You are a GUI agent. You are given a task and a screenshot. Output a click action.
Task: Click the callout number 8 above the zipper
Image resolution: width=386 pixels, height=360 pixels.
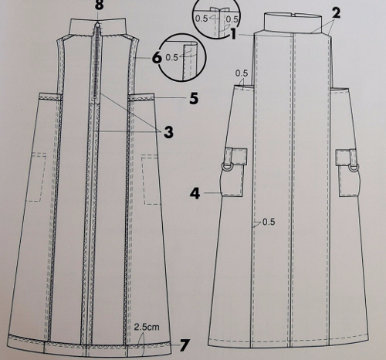[100, 5]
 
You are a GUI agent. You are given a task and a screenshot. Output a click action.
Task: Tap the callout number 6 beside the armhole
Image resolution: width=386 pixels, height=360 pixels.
[157, 57]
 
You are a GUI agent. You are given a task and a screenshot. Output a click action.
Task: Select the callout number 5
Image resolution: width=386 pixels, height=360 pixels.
[194, 98]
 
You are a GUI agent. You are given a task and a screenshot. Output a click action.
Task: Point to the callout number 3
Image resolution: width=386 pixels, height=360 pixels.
[168, 132]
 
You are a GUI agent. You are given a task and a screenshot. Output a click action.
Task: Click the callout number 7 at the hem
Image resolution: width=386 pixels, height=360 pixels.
[185, 345]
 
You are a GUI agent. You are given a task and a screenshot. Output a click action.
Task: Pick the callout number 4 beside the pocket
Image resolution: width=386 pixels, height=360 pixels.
[195, 193]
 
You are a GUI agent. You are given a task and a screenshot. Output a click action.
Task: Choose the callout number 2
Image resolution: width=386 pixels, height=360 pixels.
[336, 12]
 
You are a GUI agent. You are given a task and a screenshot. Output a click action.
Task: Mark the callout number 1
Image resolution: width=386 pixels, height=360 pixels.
[233, 34]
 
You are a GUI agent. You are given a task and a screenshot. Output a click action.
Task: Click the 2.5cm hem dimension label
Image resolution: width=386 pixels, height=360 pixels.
[147, 327]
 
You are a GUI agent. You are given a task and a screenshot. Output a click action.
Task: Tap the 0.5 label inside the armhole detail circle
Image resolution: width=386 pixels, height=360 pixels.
[171, 57]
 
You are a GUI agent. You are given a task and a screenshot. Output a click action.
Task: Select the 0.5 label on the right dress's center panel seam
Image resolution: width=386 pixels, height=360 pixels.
[269, 222]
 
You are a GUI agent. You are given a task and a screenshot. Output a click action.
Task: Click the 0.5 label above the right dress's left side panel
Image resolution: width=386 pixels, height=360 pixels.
[242, 73]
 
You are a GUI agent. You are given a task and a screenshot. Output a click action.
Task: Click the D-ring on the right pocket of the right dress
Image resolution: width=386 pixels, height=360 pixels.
[354, 168]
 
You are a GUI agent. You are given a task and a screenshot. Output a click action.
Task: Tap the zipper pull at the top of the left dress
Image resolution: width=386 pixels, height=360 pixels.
[98, 25]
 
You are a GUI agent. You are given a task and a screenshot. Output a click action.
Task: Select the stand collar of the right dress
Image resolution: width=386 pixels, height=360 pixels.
[293, 22]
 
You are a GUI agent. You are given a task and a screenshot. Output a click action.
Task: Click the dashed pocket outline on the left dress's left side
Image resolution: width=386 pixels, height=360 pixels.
[39, 177]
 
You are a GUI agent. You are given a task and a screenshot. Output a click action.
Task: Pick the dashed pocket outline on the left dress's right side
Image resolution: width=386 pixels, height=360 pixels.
[151, 179]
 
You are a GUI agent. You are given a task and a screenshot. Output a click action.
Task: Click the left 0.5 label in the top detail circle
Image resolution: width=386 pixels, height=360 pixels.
[201, 19]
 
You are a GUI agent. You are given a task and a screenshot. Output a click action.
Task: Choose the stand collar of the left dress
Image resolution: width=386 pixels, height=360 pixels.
[98, 26]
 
